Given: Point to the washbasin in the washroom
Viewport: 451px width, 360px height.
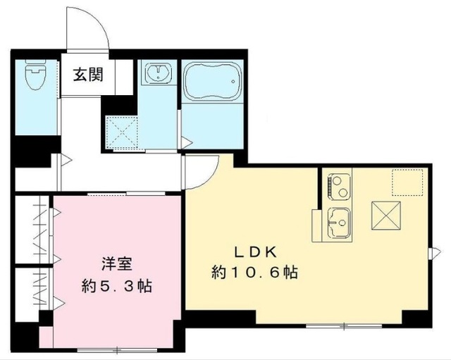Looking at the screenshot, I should pyautogui.click(x=159, y=73).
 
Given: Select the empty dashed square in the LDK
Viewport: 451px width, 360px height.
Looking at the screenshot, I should pyautogui.click(x=408, y=182).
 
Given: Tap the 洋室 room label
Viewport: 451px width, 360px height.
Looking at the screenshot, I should pyautogui.click(x=116, y=266).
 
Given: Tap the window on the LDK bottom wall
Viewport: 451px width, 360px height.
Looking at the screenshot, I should pyautogui.click(x=344, y=325).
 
